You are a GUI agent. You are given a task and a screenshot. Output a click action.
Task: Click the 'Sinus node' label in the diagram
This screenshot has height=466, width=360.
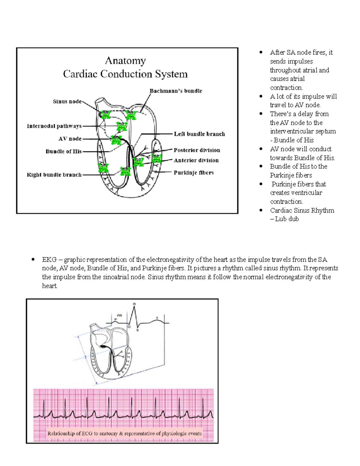(67, 101)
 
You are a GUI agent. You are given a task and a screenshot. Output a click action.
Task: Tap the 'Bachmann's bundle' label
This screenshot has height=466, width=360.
(176, 91)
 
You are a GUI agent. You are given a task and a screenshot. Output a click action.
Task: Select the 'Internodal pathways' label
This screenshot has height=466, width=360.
(54, 126)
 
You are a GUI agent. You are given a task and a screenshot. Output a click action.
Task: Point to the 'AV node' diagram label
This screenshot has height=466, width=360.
(70, 139)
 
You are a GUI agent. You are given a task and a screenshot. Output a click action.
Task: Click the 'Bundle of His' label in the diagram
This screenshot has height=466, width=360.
(64, 152)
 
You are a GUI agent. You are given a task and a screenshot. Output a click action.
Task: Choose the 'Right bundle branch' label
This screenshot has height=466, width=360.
(54, 175)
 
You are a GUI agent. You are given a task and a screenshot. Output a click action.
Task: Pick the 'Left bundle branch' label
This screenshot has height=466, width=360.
(199, 134)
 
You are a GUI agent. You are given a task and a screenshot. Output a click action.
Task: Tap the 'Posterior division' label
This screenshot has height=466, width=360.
(197, 150)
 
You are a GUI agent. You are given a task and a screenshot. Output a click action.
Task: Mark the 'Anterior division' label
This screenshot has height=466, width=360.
(196, 160)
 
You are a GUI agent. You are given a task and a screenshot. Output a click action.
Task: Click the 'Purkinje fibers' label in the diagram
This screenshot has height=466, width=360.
(193, 173)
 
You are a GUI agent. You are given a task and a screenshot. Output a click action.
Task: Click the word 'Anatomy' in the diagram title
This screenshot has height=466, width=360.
(125, 61)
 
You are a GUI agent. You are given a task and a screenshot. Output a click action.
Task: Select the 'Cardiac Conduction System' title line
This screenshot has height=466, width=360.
(125, 74)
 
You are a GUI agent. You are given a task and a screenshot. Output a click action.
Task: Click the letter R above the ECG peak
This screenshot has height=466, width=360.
(134, 304)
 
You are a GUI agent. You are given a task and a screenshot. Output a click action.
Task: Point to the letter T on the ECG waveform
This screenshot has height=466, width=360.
(157, 318)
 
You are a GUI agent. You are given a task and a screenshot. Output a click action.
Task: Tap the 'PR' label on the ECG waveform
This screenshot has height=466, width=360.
(120, 315)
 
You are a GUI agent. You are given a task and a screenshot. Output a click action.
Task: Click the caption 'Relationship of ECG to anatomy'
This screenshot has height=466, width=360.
(124, 433)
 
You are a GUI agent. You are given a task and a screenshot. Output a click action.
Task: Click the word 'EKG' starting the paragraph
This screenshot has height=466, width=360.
(49, 260)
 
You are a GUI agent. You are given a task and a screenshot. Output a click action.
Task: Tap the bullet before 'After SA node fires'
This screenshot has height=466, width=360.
(261, 53)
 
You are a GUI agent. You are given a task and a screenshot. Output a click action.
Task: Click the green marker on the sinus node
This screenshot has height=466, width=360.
(106, 115)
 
